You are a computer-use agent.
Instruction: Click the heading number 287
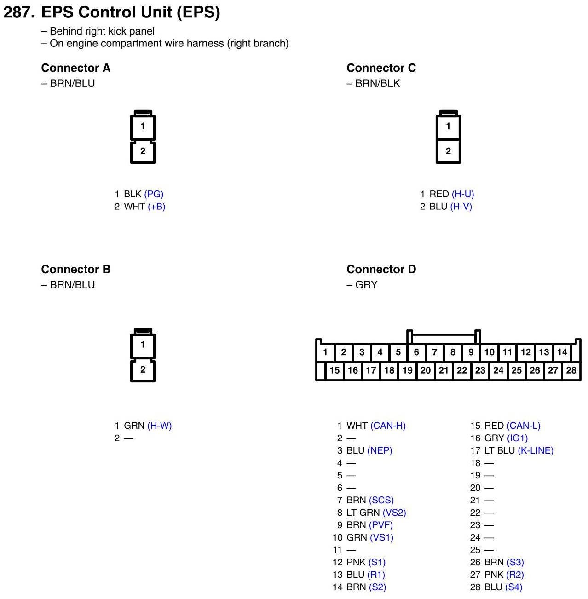coord(19,12)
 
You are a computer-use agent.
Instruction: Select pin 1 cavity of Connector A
coord(143,126)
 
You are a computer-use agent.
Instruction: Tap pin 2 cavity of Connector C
coord(448,151)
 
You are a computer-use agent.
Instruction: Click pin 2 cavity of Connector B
coord(143,369)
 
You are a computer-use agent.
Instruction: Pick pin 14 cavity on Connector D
coord(562,352)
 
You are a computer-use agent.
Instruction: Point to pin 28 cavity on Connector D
coord(571,370)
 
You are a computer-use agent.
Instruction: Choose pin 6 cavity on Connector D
coord(416,352)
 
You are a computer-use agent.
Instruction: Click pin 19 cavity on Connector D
coord(407,370)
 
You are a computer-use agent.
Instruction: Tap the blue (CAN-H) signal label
coord(388,426)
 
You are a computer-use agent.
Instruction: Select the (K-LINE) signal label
coord(536,451)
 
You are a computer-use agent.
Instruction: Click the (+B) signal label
coord(156,207)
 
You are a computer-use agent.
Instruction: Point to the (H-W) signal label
coord(159,426)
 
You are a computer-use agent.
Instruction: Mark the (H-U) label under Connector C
coord(462,194)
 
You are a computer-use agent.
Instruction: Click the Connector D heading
coord(381,269)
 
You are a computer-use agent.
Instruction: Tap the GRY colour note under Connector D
coord(366,285)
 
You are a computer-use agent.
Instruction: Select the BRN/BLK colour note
coord(377,83)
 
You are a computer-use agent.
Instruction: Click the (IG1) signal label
coord(517,438)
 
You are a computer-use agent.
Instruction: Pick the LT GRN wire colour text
coord(363,513)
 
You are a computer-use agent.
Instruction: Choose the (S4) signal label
coord(513,587)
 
